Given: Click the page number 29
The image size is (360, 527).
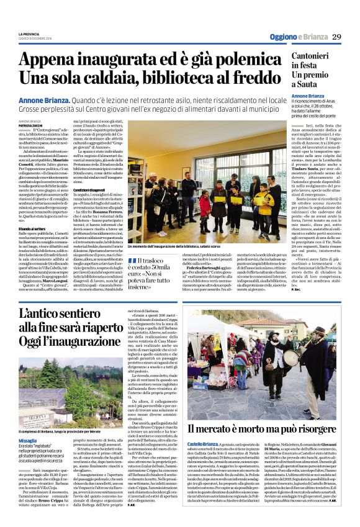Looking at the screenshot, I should click(x=337, y=37).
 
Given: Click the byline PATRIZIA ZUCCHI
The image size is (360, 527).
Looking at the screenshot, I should click(x=31, y=126).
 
